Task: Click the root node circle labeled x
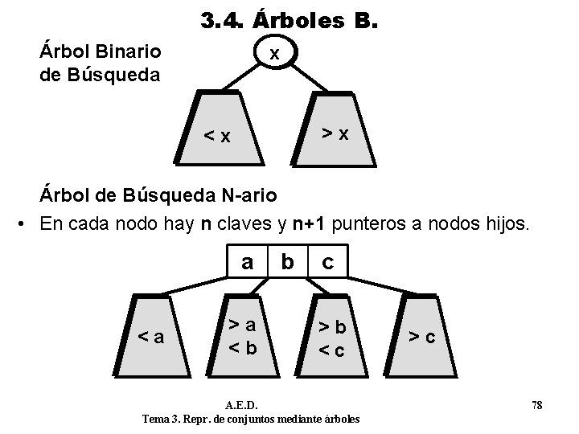(274, 54)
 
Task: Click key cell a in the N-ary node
(248, 262)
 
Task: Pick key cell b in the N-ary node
(288, 262)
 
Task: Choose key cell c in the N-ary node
(327, 262)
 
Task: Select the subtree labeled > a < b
(241, 335)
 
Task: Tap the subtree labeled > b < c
(332, 338)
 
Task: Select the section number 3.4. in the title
(222, 18)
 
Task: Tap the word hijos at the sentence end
(507, 223)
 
